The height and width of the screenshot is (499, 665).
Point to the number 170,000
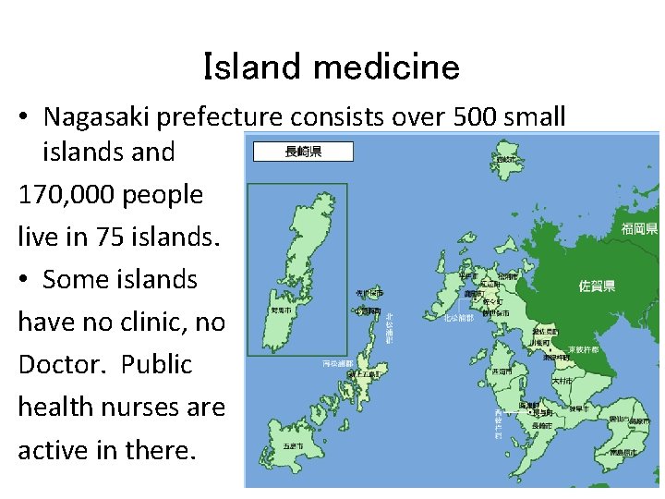pyautogui.click(x=64, y=195)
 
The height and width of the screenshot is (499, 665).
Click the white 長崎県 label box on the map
pyautogui.click(x=303, y=152)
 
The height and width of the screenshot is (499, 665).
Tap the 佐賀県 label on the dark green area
pyautogui.click(x=597, y=286)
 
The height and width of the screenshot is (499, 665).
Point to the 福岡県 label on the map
pyautogui.click(x=639, y=228)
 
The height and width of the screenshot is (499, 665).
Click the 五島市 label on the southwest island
pyautogui.click(x=294, y=446)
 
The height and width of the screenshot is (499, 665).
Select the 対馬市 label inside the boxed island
pyautogui.click(x=280, y=311)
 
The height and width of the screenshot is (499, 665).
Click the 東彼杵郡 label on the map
pyautogui.click(x=583, y=350)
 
